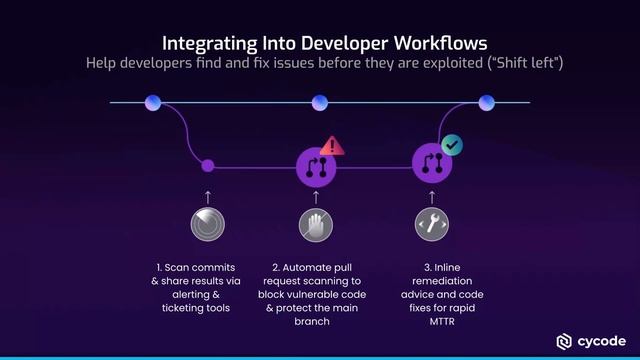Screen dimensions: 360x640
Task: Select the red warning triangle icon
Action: [332, 146]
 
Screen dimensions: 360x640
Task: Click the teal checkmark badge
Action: [451, 145]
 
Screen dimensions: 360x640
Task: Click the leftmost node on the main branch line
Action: [153, 102]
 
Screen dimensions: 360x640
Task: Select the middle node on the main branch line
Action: [320, 102]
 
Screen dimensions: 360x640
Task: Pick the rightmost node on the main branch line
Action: [486, 102]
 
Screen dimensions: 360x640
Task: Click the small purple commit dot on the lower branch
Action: [208, 166]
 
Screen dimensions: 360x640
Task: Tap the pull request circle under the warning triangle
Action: [318, 167]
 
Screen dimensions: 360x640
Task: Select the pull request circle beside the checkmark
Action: [432, 165]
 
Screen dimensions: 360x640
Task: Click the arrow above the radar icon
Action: [208, 194]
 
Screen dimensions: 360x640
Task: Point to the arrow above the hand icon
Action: [319, 194]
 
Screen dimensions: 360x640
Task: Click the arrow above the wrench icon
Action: [431, 194]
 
